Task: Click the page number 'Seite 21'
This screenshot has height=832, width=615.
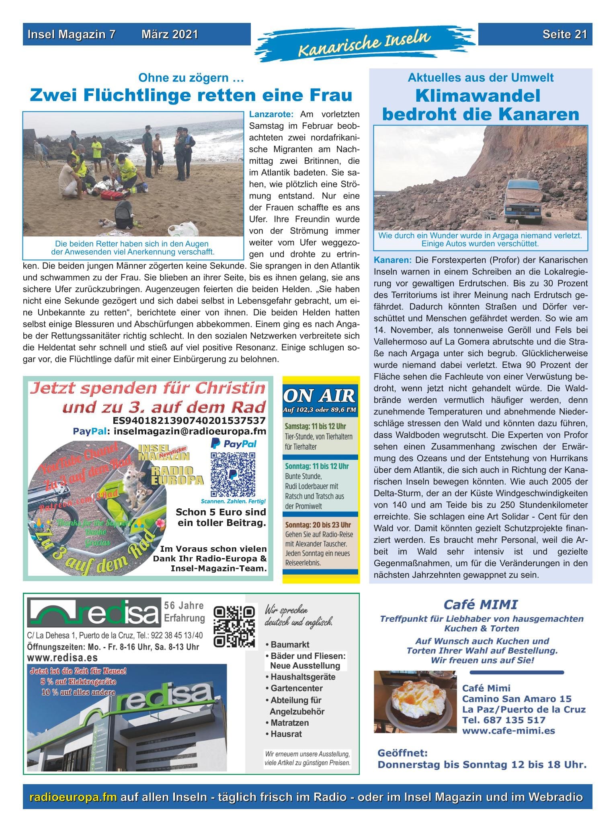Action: click(564, 35)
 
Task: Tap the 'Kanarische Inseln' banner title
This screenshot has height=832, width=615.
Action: click(364, 43)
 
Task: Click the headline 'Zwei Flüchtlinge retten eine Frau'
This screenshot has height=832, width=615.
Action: click(191, 95)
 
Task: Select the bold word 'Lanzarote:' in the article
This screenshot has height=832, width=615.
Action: click(272, 115)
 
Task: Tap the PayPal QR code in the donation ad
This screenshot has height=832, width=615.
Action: click(233, 475)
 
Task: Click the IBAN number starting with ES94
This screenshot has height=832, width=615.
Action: click(189, 421)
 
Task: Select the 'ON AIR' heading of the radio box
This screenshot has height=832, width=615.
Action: click(320, 396)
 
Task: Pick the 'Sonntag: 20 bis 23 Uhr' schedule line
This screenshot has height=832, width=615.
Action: click(317, 525)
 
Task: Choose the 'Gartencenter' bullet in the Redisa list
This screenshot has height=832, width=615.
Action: click(297, 688)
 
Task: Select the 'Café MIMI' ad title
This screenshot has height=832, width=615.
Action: click(480, 604)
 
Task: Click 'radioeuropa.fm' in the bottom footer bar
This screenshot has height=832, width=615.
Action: click(73, 797)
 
